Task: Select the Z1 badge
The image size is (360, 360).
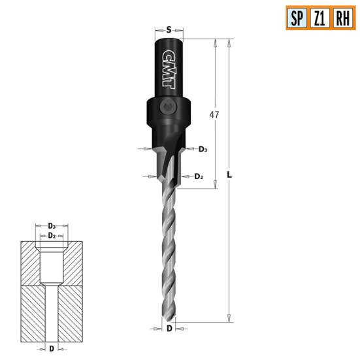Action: [x=319, y=17]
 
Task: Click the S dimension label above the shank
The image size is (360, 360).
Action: [x=169, y=29]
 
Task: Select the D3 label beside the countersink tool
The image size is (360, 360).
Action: [x=204, y=150]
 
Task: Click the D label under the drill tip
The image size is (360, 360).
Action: [x=169, y=329]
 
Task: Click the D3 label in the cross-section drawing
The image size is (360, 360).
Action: [x=52, y=225]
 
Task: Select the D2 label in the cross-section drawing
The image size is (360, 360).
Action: [x=52, y=235]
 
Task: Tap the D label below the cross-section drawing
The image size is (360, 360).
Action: [x=52, y=349]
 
